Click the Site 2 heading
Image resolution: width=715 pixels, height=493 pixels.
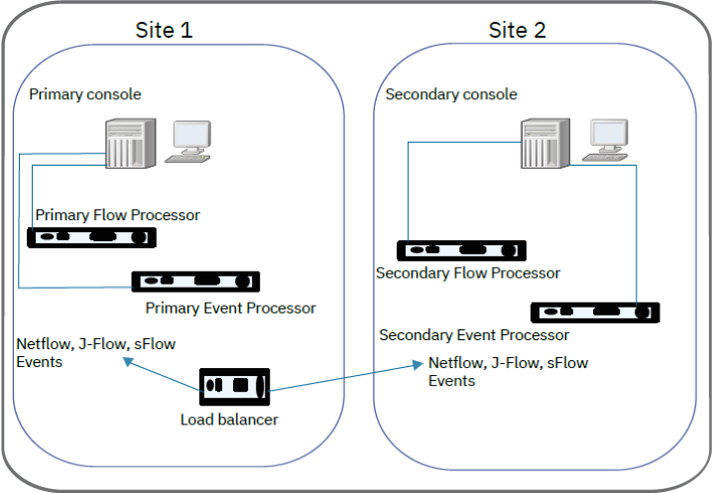pyautogui.click(x=517, y=30)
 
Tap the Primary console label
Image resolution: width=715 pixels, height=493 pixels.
pyautogui.click(x=85, y=94)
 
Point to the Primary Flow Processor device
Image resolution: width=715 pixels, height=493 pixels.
pyautogui.click(x=92, y=238)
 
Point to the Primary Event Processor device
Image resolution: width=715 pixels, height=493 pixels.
pyautogui.click(x=196, y=282)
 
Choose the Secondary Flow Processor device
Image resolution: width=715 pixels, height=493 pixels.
pyautogui.click(x=461, y=250)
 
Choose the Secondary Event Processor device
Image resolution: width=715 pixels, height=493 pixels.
pyautogui.click(x=595, y=312)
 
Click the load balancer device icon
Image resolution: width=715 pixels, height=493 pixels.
pyautogui.click(x=235, y=385)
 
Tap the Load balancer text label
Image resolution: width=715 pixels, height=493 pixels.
pyautogui.click(x=229, y=420)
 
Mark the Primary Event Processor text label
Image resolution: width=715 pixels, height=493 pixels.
pyautogui.click(x=230, y=308)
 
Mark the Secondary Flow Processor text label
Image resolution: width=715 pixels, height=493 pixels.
pyautogui.click(x=468, y=273)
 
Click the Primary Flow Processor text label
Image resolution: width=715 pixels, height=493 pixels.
pyautogui.click(x=117, y=214)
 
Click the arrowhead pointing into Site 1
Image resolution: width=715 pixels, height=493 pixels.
pyautogui.click(x=126, y=362)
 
